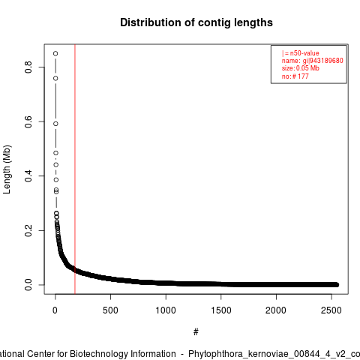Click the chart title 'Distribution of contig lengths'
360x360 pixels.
point(196,22)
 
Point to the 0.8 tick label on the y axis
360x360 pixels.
point(28,67)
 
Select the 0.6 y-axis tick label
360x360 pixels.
point(28,121)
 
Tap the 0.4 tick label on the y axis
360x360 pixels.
point(28,176)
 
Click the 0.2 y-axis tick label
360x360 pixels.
point(28,230)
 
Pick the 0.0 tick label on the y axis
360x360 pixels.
point(28,285)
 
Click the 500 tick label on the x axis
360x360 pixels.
point(110,310)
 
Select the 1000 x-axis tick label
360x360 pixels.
point(166,310)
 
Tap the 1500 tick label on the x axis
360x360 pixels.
point(221,310)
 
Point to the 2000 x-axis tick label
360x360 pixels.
point(276,310)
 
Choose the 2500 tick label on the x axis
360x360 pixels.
point(331,310)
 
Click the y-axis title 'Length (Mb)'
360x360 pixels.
point(7,169)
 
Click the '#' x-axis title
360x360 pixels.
point(196,332)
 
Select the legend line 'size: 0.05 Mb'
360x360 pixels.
point(301,68)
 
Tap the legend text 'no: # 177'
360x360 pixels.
point(295,76)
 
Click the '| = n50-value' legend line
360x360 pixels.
point(301,53)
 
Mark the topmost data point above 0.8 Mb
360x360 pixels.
point(55,53)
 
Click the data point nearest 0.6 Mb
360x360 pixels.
point(55,124)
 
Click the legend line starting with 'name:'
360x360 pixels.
point(313,61)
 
